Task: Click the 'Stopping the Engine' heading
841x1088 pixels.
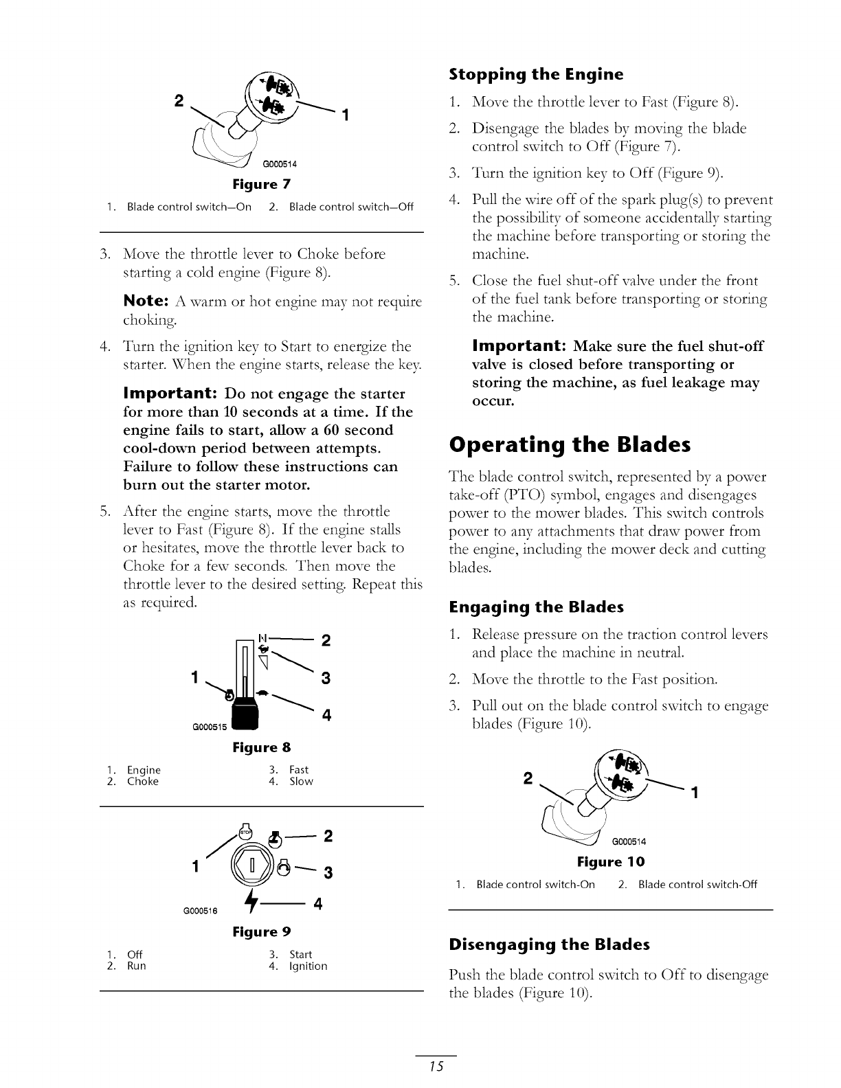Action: pyautogui.click(x=536, y=74)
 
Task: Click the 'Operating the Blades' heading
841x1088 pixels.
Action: pyautogui.click(x=569, y=444)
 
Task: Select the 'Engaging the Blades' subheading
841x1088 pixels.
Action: pyautogui.click(x=536, y=607)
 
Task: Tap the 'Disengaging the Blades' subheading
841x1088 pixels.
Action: pyautogui.click(x=549, y=944)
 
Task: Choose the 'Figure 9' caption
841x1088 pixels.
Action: pyautogui.click(x=262, y=932)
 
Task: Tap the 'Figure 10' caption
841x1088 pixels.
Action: pyautogui.click(x=611, y=861)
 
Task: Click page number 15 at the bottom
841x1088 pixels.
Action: pyautogui.click(x=436, y=1066)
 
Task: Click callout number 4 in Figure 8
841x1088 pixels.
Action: pyautogui.click(x=327, y=715)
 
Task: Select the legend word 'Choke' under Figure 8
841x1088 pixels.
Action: pyautogui.click(x=143, y=782)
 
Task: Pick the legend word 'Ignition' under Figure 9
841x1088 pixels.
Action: pyautogui.click(x=309, y=966)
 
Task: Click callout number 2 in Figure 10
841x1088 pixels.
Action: pyautogui.click(x=528, y=779)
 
